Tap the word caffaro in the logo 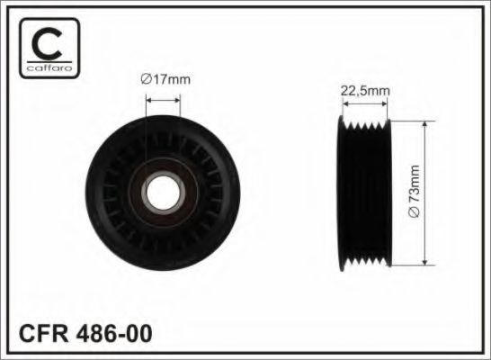tap(49, 67)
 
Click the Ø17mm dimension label tap(165, 79)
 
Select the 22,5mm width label tap(365, 91)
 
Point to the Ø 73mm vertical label tap(414, 191)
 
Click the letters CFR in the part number tap(43, 333)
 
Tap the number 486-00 tap(114, 333)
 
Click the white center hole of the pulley tap(163, 193)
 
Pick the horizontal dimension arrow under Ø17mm tap(163, 100)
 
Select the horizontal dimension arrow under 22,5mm tap(365, 103)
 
